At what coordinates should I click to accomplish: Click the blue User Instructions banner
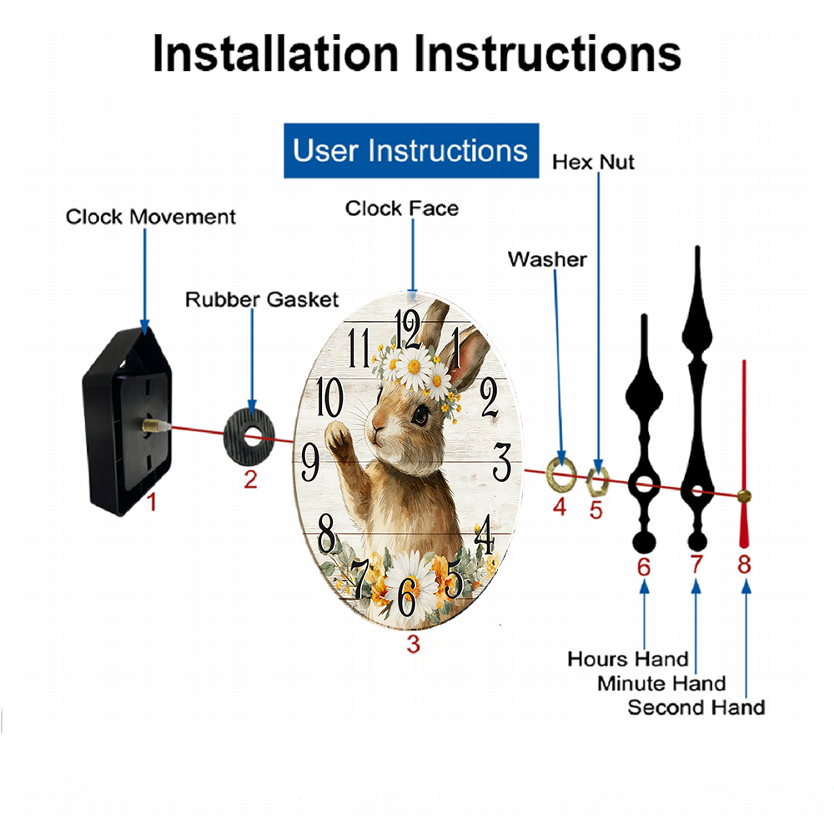point(411,150)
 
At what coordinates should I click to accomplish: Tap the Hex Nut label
point(593,163)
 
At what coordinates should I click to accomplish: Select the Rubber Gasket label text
point(262,299)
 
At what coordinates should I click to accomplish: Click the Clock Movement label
point(150,217)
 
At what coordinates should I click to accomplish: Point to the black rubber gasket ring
point(249,438)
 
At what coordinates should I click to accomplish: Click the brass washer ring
point(561,473)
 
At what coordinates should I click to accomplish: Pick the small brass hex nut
point(597,481)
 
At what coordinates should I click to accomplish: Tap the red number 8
point(744,565)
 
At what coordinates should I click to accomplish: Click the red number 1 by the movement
point(152,501)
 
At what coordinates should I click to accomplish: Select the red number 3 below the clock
point(414,644)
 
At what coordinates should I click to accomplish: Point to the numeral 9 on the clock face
point(310,462)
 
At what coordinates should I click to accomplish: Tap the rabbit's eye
point(420,414)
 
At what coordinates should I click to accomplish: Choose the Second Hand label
point(696,707)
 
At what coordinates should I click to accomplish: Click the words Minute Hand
point(661,683)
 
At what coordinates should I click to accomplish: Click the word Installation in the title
point(276,53)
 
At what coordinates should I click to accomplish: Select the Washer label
point(547,259)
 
